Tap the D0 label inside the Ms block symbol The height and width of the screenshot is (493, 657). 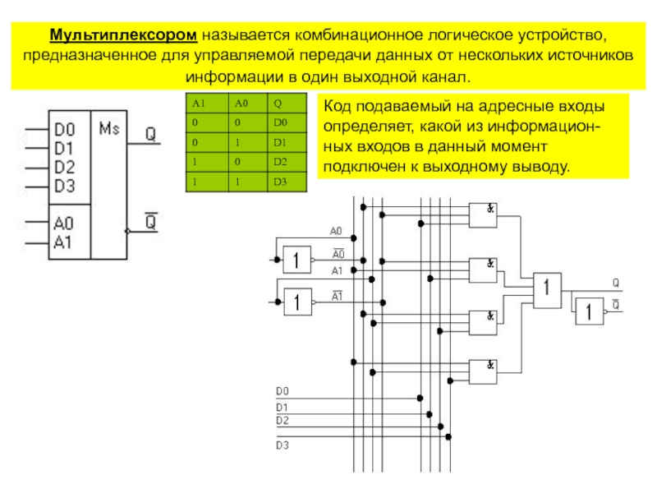pos(64,129)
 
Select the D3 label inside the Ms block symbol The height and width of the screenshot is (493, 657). pos(64,186)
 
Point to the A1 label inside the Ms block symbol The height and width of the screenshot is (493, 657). pos(64,242)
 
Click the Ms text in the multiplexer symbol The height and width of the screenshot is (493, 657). pos(109,129)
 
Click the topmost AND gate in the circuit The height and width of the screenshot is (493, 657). pos(483,215)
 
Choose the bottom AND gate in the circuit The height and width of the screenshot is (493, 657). pos(483,372)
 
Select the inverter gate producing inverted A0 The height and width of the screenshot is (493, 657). pos(296,259)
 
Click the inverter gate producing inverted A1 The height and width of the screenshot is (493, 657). pos(297,302)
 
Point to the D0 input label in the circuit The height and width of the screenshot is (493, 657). pos(283,391)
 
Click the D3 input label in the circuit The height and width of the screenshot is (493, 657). pos(283,445)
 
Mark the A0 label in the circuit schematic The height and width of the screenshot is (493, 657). pos(337,231)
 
